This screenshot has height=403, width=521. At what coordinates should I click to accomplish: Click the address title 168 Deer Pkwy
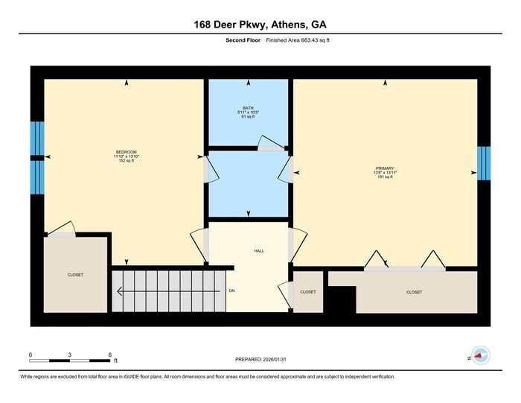coord(260,25)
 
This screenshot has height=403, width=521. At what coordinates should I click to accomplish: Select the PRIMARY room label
coord(385,168)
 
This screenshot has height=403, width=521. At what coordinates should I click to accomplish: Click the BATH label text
coord(248,107)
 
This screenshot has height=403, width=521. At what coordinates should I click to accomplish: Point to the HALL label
coord(260,250)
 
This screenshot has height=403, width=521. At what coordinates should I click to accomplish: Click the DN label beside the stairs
coord(232,290)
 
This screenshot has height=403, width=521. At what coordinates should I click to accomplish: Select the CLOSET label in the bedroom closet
coord(75,275)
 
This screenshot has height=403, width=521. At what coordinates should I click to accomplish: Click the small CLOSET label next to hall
coord(308,292)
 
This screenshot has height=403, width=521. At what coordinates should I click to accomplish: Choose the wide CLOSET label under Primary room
coord(415,292)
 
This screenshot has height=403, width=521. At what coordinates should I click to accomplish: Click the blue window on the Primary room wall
coord(484,163)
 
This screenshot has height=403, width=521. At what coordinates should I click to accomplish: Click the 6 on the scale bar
coord(109,354)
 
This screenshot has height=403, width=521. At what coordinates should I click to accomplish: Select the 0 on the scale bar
coord(31,354)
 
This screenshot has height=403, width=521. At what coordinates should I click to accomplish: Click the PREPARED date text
coord(260,359)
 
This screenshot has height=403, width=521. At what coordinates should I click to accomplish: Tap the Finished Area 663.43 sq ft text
coord(298,40)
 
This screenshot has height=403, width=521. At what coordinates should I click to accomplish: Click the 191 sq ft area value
coord(385,177)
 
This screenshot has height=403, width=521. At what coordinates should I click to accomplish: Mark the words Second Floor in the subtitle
coord(243,40)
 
